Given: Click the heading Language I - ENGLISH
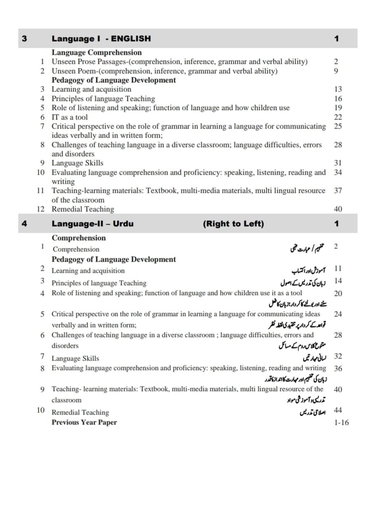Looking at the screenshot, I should (101, 39).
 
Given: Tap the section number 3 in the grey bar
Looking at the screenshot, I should (24, 39).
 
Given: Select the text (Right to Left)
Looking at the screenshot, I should (233, 224).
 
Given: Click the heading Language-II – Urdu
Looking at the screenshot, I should (92, 224).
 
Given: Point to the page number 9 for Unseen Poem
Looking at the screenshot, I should (336, 71).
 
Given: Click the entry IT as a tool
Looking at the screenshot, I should (69, 117).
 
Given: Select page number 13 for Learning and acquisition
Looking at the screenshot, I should (338, 89).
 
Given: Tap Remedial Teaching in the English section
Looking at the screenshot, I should (82, 209).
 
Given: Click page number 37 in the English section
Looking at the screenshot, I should (338, 190).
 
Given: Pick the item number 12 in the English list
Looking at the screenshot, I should (41, 209).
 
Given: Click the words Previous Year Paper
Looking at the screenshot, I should (84, 422).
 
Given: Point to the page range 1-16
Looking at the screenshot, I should (341, 422).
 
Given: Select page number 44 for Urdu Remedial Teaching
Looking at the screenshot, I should (338, 410).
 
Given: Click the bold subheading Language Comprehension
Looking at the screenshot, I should (96, 52).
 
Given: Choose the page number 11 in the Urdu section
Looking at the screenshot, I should (338, 269).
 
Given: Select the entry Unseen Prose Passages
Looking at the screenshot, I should (179, 62).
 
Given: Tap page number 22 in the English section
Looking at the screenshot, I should (338, 117).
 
